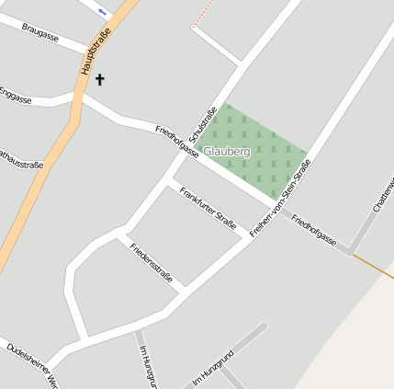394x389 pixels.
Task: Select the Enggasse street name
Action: [x=15, y=95]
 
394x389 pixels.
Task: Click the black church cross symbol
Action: [x=99, y=80]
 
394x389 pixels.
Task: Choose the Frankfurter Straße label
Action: [x=208, y=208]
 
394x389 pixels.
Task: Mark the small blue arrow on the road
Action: [x=101, y=11]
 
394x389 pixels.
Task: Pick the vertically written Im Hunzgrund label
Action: [x=145, y=367]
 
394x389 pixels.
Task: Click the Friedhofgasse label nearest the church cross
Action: [x=176, y=143]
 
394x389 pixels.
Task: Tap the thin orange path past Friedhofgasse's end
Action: [x=374, y=268]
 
